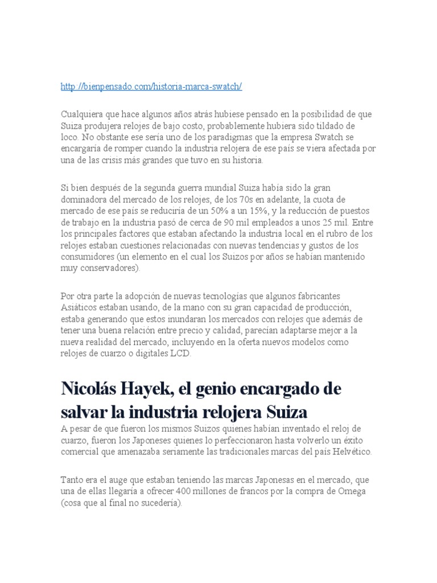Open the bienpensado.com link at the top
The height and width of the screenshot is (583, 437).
point(151,86)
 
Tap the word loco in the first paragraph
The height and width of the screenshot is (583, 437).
point(69,137)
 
